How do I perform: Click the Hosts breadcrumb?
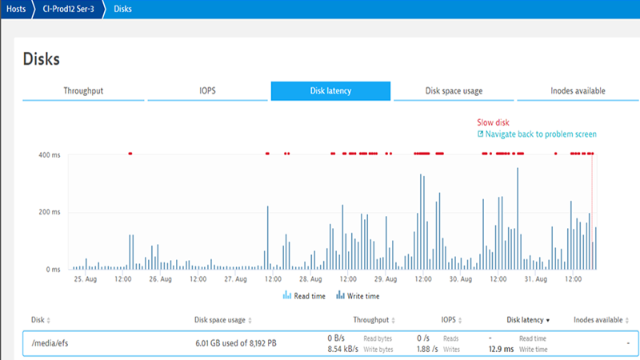tap(15, 10)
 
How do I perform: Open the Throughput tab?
tap(83, 90)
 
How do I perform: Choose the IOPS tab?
tap(207, 90)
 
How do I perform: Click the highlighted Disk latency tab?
tap(330, 90)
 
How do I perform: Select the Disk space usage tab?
tap(454, 90)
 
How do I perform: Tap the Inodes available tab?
tap(578, 90)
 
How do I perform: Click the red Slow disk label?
tap(493, 122)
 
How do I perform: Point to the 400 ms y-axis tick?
tap(50, 154)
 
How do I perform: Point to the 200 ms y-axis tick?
tap(50, 212)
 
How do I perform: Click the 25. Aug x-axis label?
tap(86, 279)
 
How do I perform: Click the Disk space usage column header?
tap(219, 319)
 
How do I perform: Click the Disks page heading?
tap(42, 58)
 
